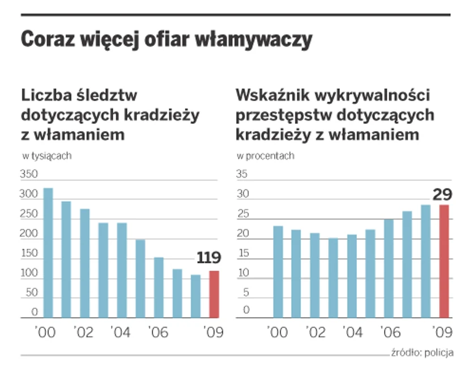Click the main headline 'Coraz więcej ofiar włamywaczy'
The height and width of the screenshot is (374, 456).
pyautogui.click(x=167, y=40)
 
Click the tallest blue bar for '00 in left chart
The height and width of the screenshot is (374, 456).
pyautogui.click(x=48, y=253)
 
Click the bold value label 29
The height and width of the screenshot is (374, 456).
pyautogui.click(x=442, y=195)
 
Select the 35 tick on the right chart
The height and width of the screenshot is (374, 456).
pyautogui.click(x=242, y=175)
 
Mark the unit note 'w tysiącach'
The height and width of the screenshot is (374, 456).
pyautogui.click(x=46, y=156)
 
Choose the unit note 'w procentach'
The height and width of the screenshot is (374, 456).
pyautogui.click(x=266, y=156)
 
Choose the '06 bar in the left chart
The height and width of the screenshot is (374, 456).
pyautogui.click(x=159, y=287)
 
